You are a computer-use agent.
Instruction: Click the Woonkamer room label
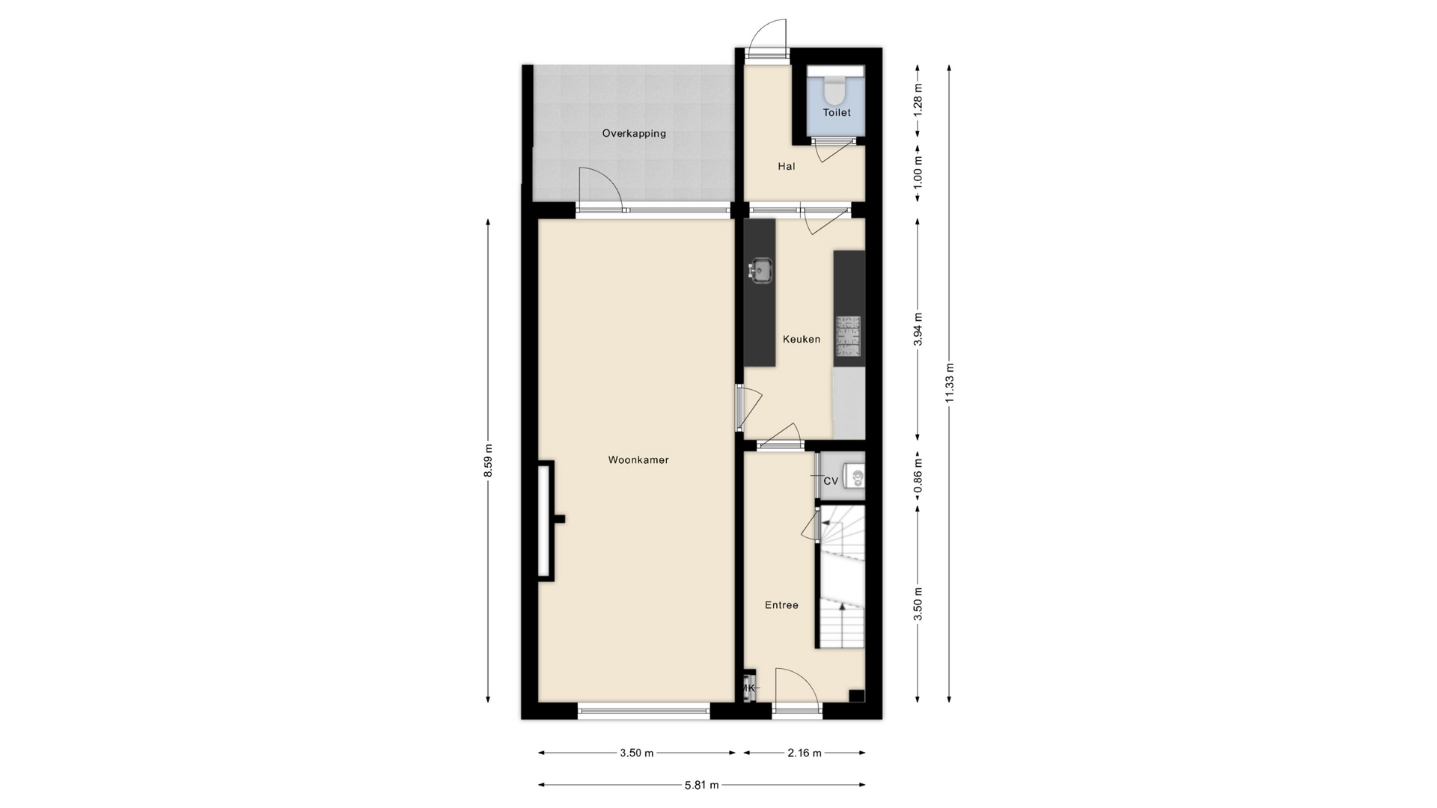638,460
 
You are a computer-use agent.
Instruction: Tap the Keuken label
802,339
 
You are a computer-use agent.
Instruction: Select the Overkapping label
634,134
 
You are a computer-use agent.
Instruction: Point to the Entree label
781,605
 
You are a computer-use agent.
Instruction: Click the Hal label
786,166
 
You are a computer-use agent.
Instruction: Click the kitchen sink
761,271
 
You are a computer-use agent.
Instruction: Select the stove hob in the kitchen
848,336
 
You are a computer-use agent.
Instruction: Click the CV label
831,481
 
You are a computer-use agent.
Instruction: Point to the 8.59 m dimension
488,461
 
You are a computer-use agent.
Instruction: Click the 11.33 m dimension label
949,383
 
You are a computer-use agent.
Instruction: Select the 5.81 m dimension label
701,785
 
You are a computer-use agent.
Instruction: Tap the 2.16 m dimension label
805,753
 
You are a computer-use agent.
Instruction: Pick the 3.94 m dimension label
918,329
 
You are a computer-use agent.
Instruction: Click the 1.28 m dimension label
918,98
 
